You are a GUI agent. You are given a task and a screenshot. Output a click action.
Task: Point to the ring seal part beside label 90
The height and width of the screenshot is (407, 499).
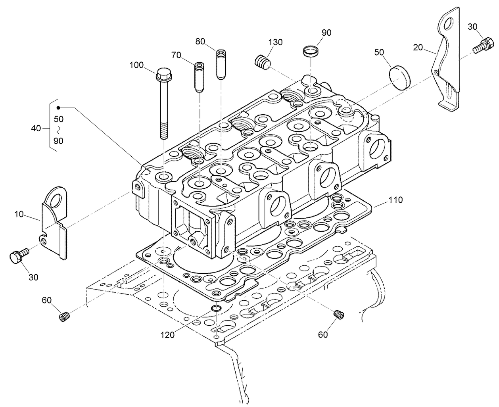coord(310,51)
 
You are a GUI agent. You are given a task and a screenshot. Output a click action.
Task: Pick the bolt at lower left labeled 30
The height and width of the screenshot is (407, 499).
coord(18,255)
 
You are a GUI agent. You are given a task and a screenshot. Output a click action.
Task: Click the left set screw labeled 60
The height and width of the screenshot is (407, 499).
coord(65,317)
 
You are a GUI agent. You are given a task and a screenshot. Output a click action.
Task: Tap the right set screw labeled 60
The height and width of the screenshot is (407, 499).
coord(339,314)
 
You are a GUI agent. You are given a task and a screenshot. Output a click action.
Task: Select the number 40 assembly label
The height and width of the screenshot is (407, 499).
coord(36,128)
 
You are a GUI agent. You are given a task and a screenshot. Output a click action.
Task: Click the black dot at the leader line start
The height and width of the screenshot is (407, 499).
coord(58,108)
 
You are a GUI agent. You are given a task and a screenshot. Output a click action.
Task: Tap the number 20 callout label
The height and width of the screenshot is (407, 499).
coord(418,48)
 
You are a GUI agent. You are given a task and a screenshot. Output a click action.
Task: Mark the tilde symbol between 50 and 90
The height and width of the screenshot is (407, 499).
coord(58,130)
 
